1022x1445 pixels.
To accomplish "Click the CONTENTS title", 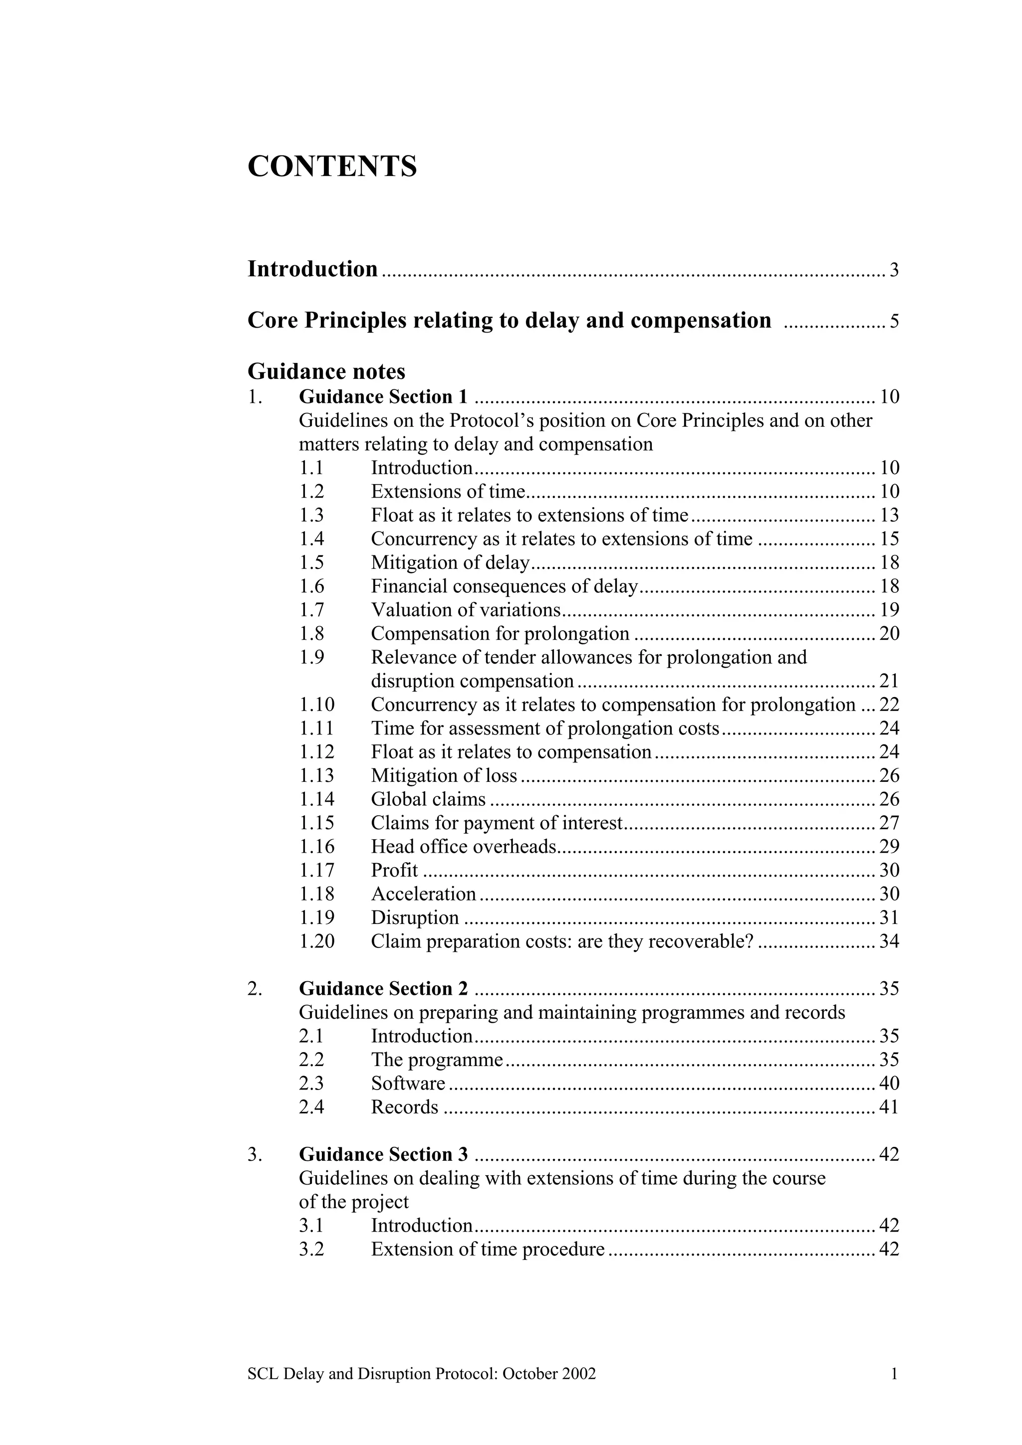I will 332,166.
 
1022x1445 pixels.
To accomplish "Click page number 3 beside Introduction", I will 894,271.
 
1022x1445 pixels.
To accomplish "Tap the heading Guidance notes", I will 326,371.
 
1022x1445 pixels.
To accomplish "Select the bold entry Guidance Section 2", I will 383,989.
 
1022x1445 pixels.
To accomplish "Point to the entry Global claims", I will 428,799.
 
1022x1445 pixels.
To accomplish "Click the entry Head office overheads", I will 464,847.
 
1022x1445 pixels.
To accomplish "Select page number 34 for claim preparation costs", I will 888,941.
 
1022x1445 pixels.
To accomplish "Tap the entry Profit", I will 394,871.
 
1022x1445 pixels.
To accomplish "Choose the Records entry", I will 404,1107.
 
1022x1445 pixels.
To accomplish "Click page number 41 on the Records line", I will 888,1107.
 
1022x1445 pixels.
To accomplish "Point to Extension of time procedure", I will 488,1249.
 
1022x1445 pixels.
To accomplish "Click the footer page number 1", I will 894,1374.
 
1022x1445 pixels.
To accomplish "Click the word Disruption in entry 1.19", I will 414,917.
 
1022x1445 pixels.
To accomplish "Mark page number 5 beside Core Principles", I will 894,322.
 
